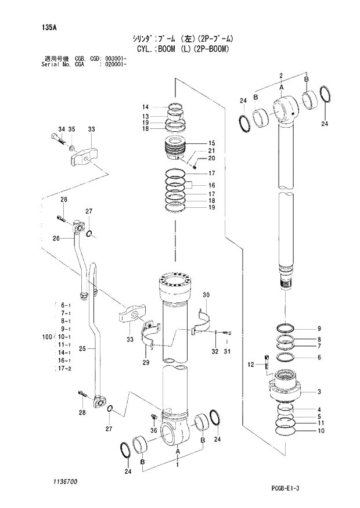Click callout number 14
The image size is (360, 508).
[x=145, y=107]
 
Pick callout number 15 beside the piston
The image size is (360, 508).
[x=211, y=143]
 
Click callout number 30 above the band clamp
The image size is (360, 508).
[x=205, y=296]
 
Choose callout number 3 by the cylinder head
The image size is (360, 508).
[x=319, y=391]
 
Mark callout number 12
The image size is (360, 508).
[x=251, y=365]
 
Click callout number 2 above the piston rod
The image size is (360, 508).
[x=280, y=75]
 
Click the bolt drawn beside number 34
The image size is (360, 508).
[x=56, y=139]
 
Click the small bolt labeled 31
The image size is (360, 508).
[x=227, y=333]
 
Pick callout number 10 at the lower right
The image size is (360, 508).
[x=319, y=431]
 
